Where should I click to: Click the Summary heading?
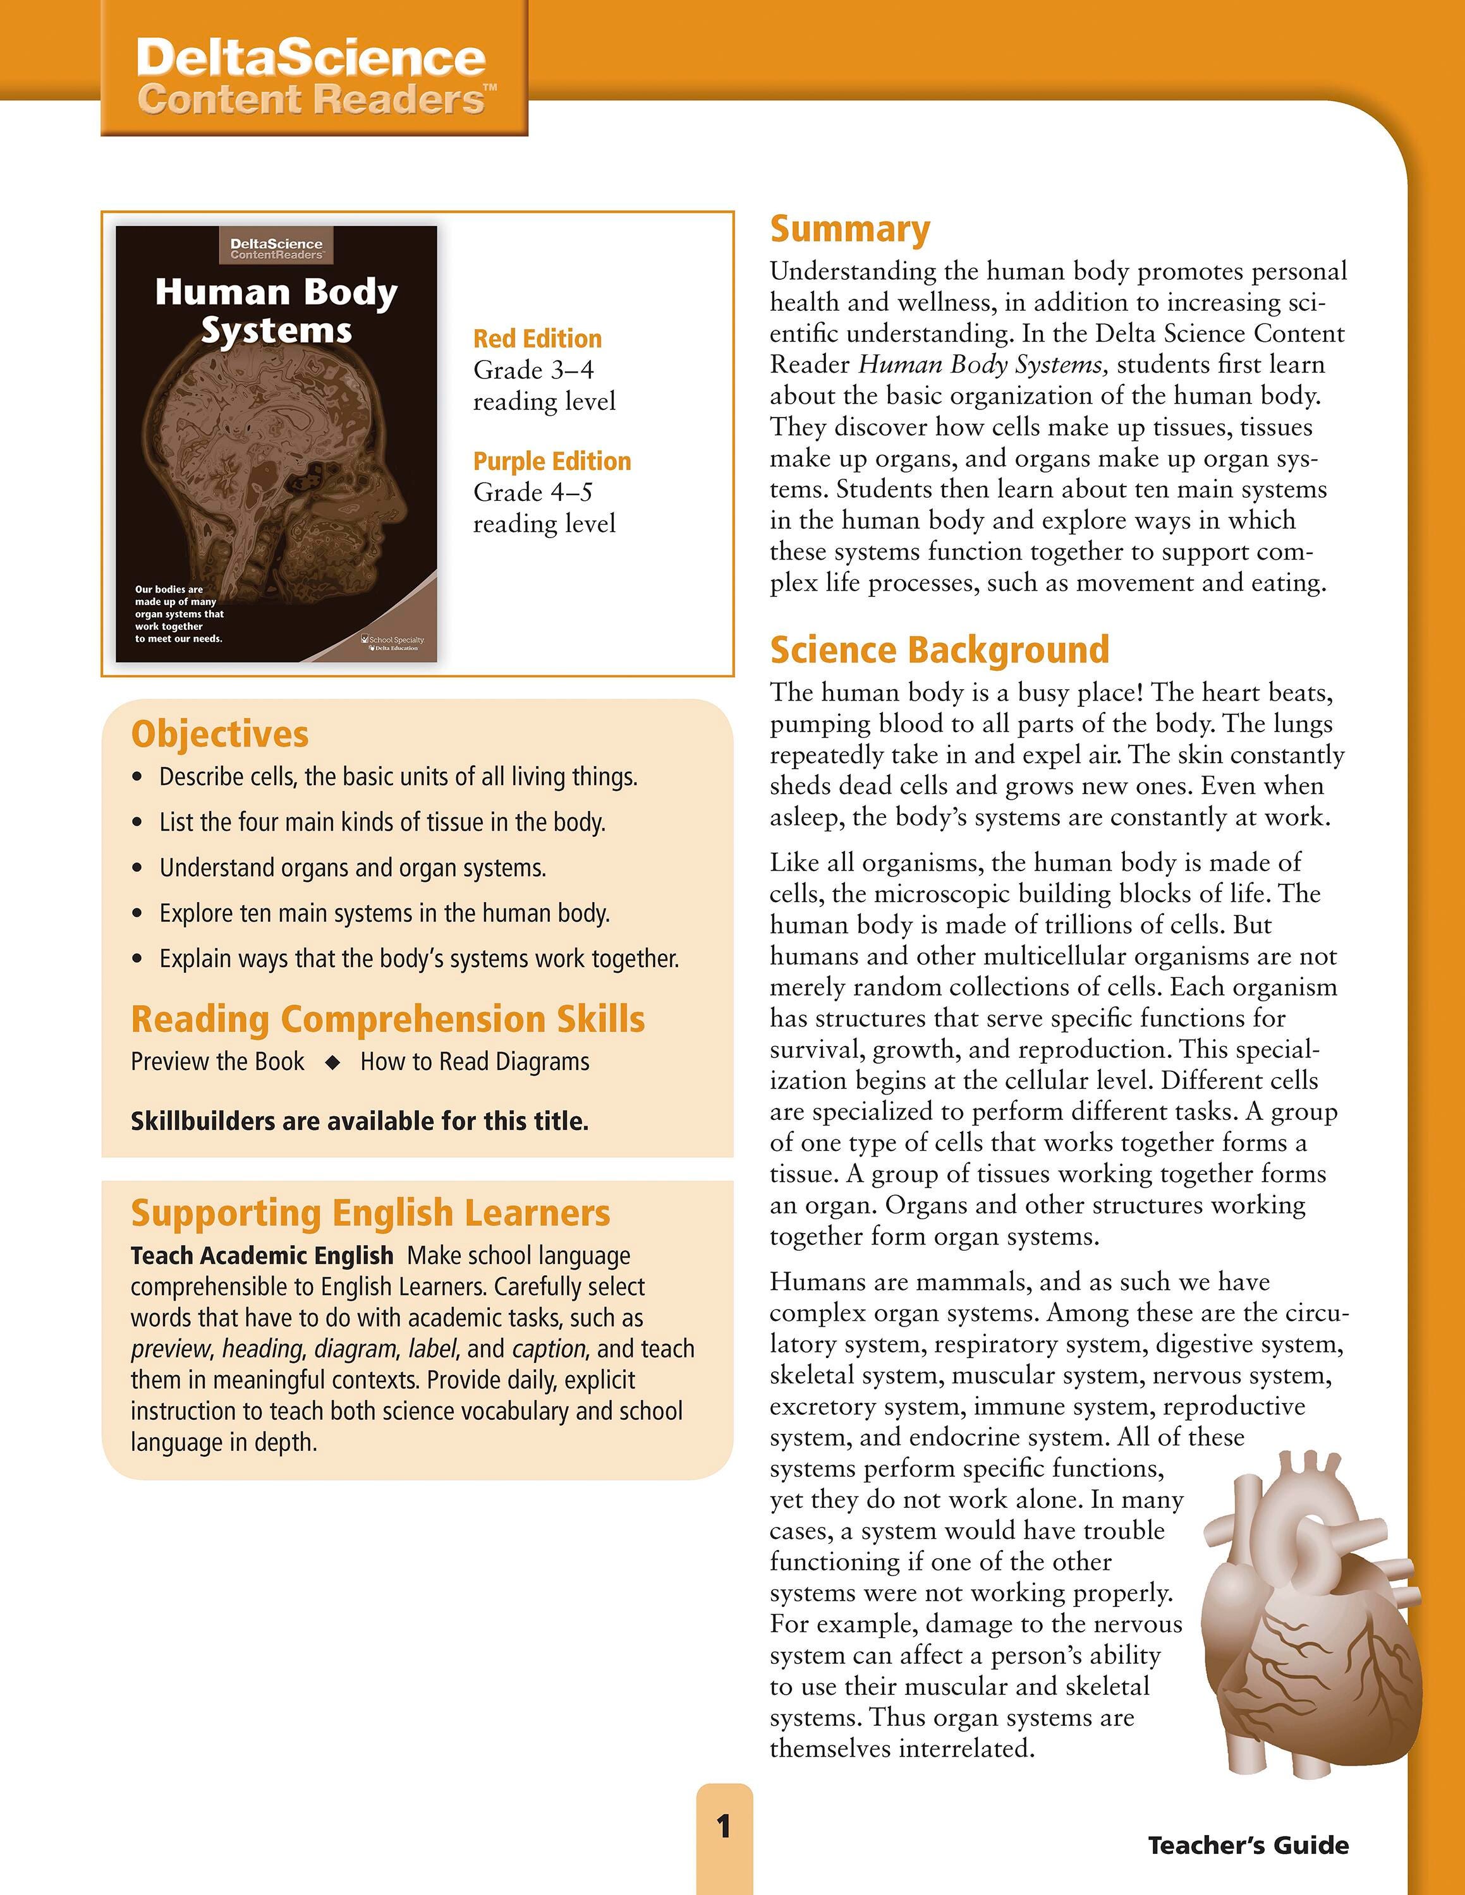(849, 230)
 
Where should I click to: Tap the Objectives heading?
(219, 734)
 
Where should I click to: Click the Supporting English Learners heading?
(370, 1213)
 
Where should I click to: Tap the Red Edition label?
(537, 339)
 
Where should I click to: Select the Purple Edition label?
(552, 460)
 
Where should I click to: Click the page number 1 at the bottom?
(724, 1827)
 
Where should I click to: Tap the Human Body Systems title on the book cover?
(276, 311)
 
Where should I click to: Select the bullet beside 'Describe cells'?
(137, 778)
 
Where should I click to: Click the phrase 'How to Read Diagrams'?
(475, 1062)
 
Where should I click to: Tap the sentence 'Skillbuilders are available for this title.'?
(360, 1121)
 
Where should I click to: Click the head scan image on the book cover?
(277, 486)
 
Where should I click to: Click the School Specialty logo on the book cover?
(393, 642)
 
